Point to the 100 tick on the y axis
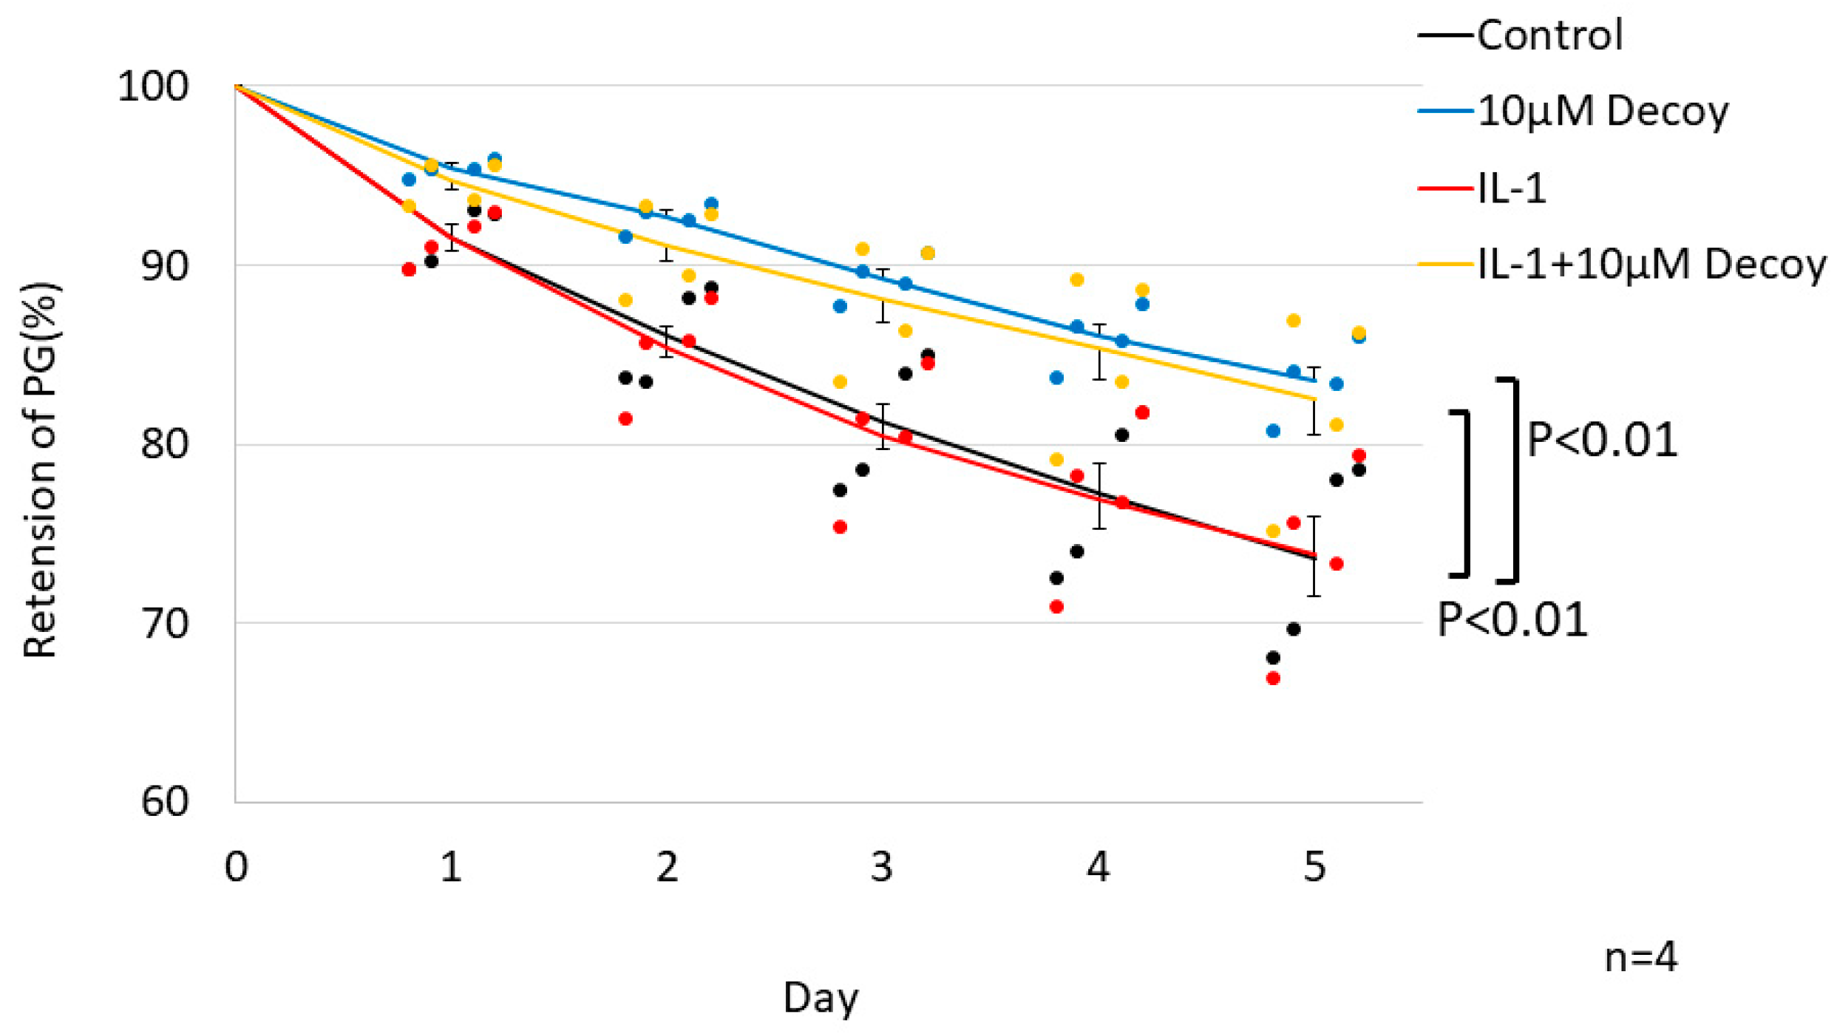point(153,87)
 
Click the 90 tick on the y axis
point(164,266)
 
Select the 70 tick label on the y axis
point(164,624)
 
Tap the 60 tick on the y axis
point(164,802)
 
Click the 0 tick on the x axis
point(236,867)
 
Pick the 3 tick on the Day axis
point(882,867)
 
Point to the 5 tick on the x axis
point(1314,867)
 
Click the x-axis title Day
point(821,998)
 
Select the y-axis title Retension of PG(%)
point(40,470)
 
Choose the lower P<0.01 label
point(1512,620)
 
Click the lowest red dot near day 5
point(1273,678)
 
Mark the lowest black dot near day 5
point(1273,658)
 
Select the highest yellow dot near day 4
point(1077,280)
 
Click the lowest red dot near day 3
point(840,527)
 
